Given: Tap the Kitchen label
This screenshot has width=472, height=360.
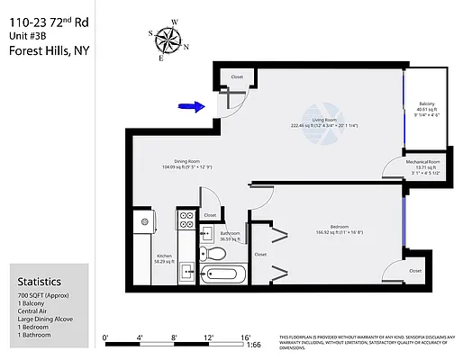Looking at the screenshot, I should click(x=165, y=255).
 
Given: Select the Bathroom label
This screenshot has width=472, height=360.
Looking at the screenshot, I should click(x=230, y=233).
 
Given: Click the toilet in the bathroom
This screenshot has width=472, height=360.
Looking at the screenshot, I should click(x=217, y=254).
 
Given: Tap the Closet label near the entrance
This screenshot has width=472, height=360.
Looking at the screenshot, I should click(x=237, y=77).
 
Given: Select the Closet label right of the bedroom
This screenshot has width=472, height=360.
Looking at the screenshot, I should click(x=414, y=270).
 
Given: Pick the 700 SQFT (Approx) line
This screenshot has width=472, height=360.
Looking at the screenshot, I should click(x=45, y=295).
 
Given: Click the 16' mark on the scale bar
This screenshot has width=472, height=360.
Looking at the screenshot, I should click(x=244, y=337).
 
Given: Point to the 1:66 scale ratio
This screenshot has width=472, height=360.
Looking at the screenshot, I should click(x=254, y=344).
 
